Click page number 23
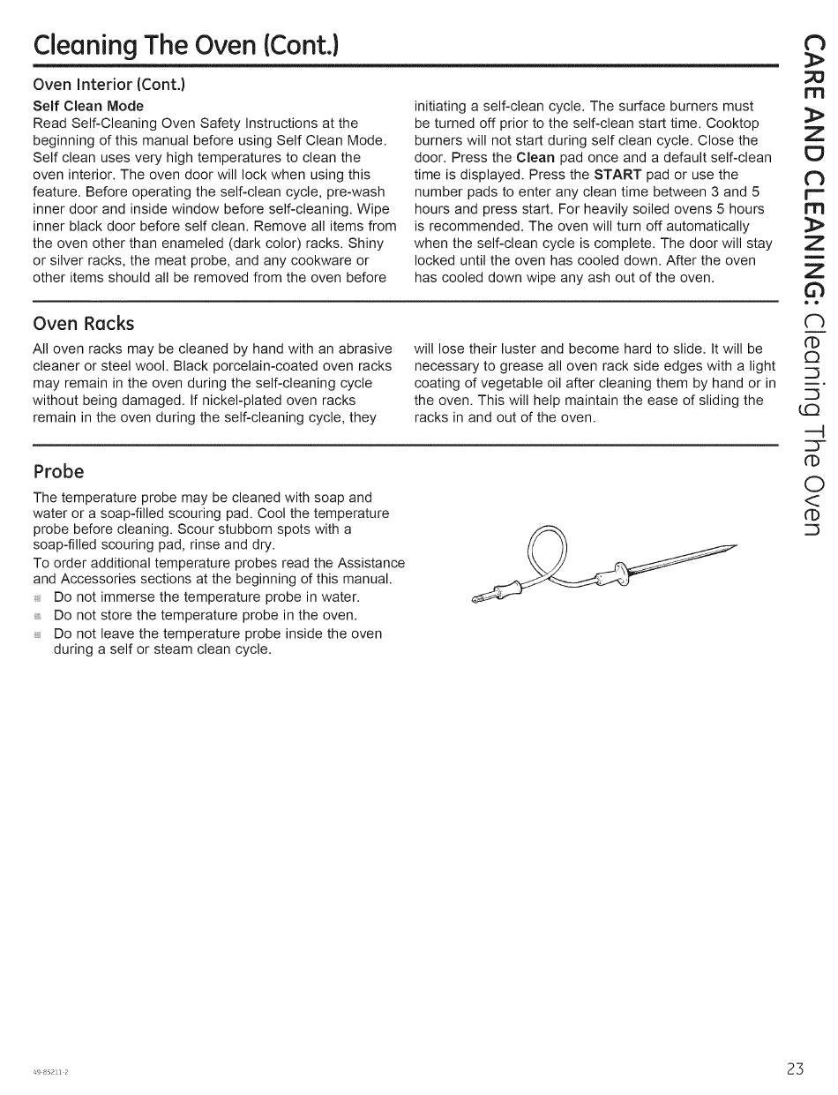coord(795,1069)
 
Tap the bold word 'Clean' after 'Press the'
coord(535,158)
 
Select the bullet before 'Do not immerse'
coord(38,598)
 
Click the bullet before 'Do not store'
coord(38,616)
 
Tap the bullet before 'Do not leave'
coord(38,634)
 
